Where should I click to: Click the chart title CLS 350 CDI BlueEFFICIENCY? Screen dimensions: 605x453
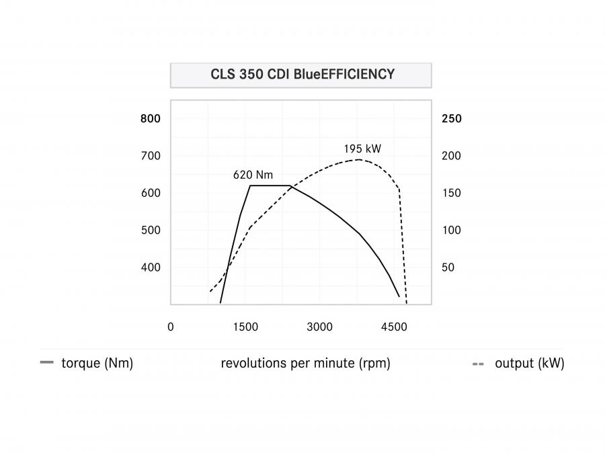(302, 74)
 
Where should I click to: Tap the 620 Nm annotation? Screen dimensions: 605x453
(253, 175)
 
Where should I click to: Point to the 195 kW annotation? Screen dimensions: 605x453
(362, 149)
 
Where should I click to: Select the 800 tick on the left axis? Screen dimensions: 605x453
(151, 118)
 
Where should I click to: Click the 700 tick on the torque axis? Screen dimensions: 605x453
(151, 155)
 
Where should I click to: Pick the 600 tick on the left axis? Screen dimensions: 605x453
(151, 193)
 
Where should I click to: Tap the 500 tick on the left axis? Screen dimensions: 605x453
(151, 230)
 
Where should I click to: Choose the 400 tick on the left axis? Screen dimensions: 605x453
(151, 267)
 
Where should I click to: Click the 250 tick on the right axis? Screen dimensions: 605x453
(452, 118)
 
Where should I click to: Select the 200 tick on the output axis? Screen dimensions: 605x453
(452, 155)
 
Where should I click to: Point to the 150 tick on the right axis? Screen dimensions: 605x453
(452, 193)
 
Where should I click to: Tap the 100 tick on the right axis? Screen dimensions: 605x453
(452, 230)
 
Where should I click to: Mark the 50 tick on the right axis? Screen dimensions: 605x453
(448, 267)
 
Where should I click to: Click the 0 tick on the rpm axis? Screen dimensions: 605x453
(171, 327)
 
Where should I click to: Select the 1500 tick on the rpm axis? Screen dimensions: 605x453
(245, 327)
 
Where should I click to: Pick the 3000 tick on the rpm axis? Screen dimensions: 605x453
(319, 327)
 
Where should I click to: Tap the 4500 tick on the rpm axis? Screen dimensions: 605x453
(394, 327)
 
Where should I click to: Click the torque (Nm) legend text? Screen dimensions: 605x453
(97, 363)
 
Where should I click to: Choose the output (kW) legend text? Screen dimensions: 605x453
(530, 363)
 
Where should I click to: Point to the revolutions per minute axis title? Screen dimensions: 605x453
(305, 363)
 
